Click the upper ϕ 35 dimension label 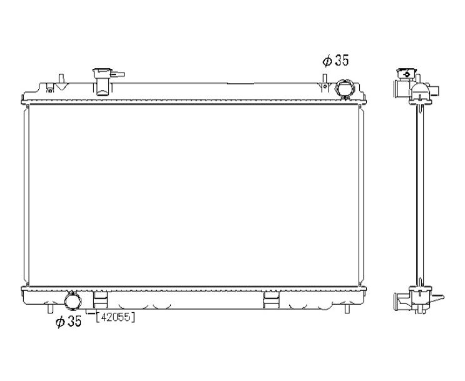pyautogui.click(x=335, y=61)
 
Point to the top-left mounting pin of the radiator pyautogui.click(x=61, y=79)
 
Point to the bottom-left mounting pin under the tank pyautogui.click(x=49, y=309)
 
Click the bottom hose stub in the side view pyautogui.click(x=399, y=300)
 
